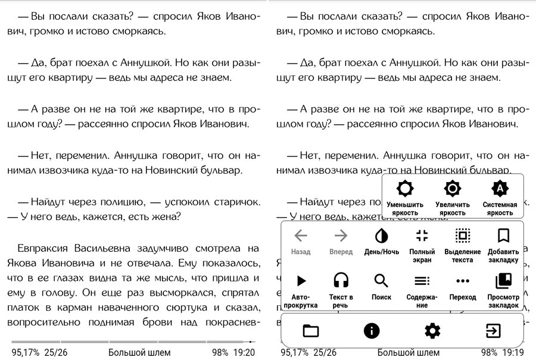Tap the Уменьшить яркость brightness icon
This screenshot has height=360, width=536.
[405, 189]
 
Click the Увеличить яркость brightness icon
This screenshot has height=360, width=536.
[453, 189]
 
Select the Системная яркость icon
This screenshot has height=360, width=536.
[500, 189]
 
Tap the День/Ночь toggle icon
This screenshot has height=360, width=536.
[381, 236]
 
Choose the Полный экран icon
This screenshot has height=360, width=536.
[422, 236]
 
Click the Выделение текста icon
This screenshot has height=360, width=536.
[462, 236]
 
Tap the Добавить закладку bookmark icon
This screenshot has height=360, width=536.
[503, 236]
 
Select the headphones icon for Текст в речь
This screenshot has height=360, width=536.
[341, 280]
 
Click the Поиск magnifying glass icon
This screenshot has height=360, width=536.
[381, 280]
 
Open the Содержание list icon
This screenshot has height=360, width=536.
[422, 280]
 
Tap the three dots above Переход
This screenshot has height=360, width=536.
[462, 280]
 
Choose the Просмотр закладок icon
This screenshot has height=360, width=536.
[503, 280]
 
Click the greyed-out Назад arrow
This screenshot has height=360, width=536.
[301, 236]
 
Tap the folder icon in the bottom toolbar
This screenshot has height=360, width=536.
[311, 331]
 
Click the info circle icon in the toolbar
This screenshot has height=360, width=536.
[372, 331]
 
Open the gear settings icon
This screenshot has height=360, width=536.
[432, 331]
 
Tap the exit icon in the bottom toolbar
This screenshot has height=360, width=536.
[493, 331]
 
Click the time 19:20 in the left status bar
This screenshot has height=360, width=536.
[244, 352]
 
